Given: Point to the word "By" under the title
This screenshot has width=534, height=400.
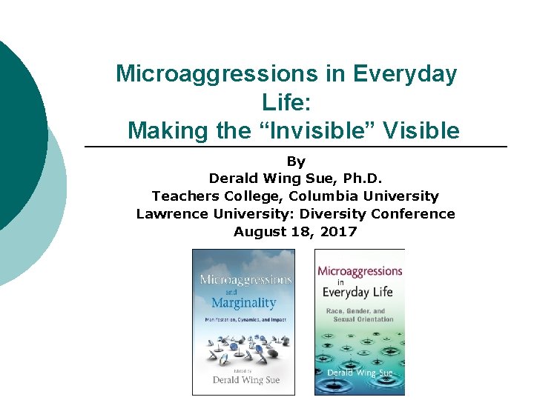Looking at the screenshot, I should tap(296, 161).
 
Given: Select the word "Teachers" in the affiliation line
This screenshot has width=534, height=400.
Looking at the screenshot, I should tap(181, 196).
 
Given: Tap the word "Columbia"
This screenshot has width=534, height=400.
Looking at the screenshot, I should tap(319, 196).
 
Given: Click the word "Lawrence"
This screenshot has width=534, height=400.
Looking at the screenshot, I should tap(171, 214).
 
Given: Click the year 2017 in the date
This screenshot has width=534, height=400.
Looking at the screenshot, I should tap(340, 232).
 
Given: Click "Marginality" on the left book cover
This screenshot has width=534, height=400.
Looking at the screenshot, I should tap(243, 302).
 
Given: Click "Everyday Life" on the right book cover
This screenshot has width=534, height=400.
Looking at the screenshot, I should tap(356, 291).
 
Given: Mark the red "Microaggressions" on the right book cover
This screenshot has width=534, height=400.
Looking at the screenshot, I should tap(360, 271).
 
